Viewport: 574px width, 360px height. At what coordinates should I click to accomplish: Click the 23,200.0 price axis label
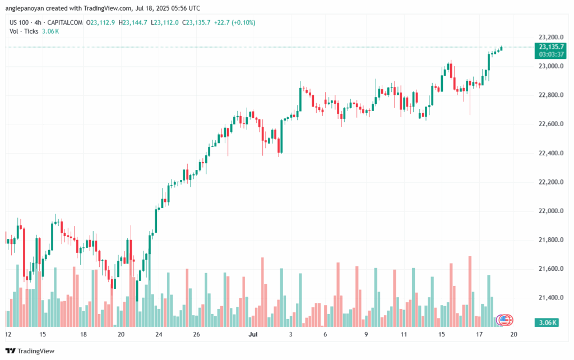tap(550, 37)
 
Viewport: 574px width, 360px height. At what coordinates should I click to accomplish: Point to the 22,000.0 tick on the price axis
tap(550, 211)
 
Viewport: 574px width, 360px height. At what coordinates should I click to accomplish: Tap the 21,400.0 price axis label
tap(550, 298)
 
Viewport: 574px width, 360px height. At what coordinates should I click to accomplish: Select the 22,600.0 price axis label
tap(550, 124)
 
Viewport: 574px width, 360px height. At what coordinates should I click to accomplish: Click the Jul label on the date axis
tap(252, 334)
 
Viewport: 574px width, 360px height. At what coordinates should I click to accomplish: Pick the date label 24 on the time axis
tap(159, 334)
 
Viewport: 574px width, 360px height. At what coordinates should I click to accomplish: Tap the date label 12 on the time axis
tap(8, 334)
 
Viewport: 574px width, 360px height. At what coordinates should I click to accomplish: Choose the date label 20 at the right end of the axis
tap(513, 334)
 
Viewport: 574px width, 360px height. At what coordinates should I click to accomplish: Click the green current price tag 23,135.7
tap(550, 47)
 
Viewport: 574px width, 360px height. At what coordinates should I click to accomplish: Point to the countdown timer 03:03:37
tap(550, 54)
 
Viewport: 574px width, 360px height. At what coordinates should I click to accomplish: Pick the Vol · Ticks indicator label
tap(24, 31)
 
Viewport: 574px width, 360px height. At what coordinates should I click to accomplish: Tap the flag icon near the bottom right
tap(506, 320)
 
